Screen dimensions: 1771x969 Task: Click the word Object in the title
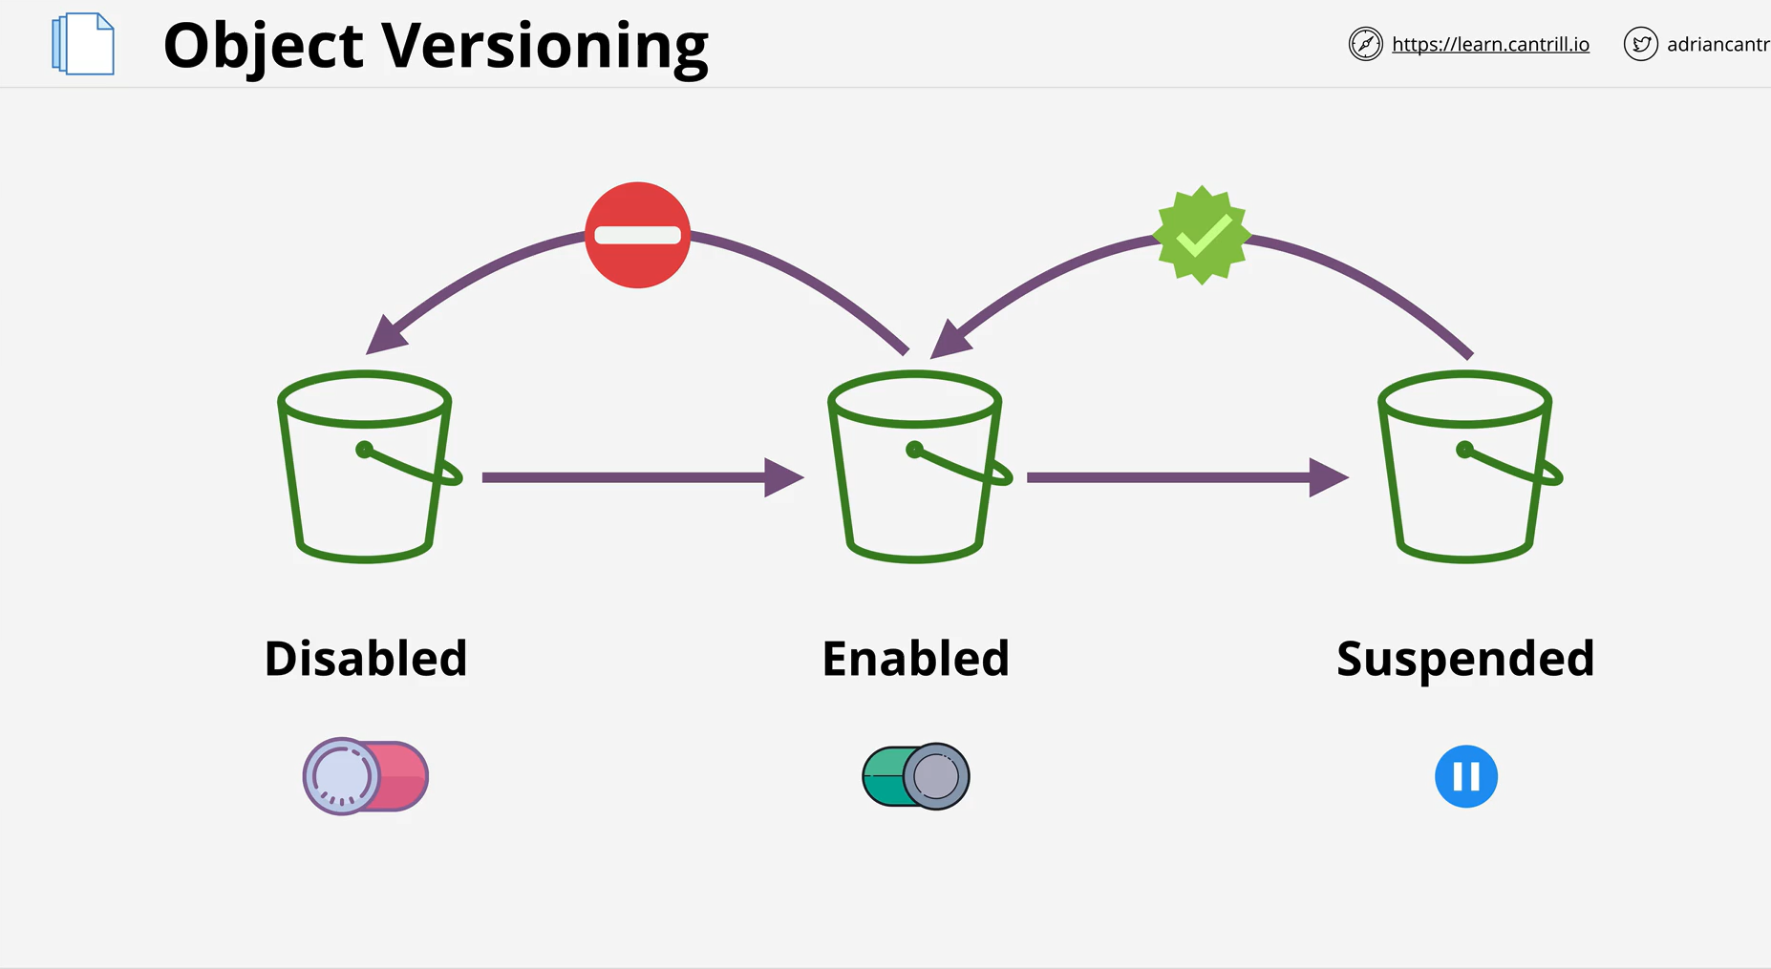pyautogui.click(x=264, y=46)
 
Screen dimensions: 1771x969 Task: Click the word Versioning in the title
pyautogui.click(x=545, y=48)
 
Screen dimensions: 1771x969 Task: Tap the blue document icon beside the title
pyautogui.click(x=83, y=44)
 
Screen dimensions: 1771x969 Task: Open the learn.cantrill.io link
pyautogui.click(x=1490, y=44)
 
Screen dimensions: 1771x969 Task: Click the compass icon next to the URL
pyautogui.click(x=1366, y=44)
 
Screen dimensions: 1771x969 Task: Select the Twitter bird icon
pyautogui.click(x=1641, y=44)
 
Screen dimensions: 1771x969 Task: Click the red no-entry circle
pyautogui.click(x=637, y=235)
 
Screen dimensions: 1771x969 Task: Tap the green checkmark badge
pyautogui.click(x=1202, y=235)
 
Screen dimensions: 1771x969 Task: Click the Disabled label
pyautogui.click(x=366, y=659)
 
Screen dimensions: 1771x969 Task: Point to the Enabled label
pyautogui.click(x=916, y=659)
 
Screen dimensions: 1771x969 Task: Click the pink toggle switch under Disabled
pyautogui.click(x=366, y=776)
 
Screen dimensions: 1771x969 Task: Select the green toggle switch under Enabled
pyautogui.click(x=916, y=776)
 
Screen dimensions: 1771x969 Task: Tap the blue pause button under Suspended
pyautogui.click(x=1466, y=776)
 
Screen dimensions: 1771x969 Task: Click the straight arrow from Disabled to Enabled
pyautogui.click(x=643, y=477)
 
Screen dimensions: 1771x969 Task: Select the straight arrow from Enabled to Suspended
pyautogui.click(x=1187, y=477)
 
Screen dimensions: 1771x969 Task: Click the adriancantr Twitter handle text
pyautogui.click(x=1718, y=45)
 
